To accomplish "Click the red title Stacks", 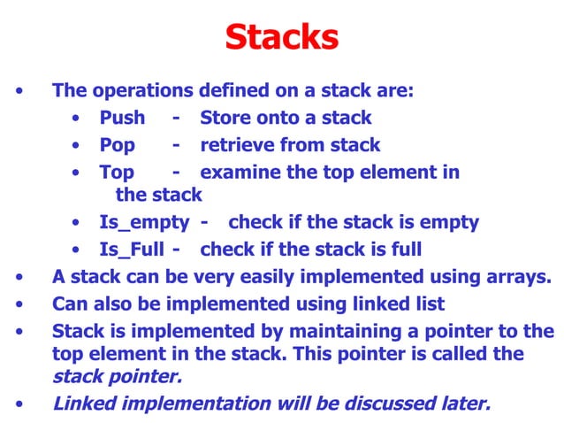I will (x=281, y=38).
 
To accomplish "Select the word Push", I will (x=122, y=118).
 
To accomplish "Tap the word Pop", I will (x=117, y=145).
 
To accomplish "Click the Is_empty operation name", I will (x=143, y=222).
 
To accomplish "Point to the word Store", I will (x=225, y=118).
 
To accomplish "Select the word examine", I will (x=240, y=172).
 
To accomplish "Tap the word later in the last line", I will (x=466, y=404).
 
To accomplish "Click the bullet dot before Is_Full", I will (x=80, y=250).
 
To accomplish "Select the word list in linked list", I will (x=427, y=304).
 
